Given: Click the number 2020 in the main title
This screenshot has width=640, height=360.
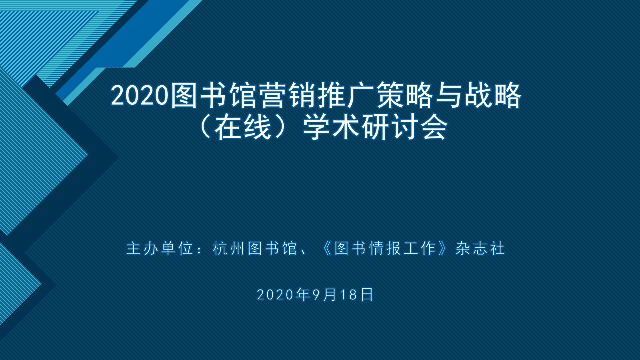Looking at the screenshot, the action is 139,96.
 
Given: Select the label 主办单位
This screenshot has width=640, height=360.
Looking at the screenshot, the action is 160,248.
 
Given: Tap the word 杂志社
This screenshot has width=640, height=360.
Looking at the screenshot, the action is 480,248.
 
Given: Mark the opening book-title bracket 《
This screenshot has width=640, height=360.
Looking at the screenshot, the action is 326,248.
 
